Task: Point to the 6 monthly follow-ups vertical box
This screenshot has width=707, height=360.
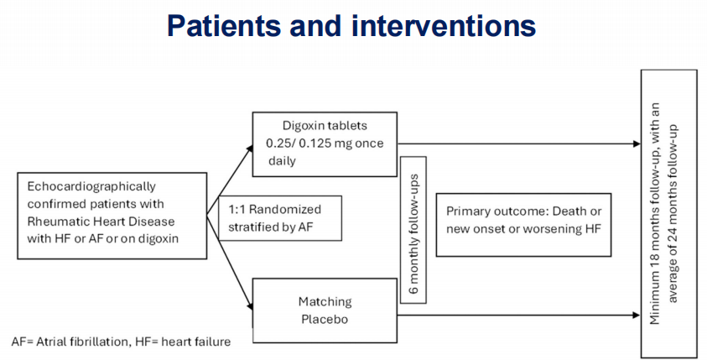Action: (414, 229)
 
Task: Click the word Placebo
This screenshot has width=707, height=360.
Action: (325, 319)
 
